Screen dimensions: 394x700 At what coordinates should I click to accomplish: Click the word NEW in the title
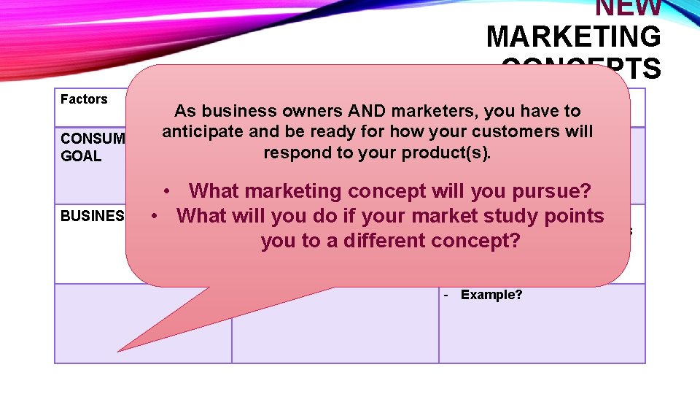[x=628, y=7]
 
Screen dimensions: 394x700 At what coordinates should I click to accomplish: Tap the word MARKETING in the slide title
[x=573, y=36]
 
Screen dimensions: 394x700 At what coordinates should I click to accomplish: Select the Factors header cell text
[x=84, y=99]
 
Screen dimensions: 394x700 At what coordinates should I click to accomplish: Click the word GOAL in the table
[x=81, y=156]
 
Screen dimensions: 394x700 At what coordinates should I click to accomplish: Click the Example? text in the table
[x=491, y=295]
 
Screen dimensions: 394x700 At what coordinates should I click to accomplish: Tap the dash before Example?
[x=446, y=295]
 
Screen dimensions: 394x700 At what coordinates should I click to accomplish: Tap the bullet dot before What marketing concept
[x=168, y=191]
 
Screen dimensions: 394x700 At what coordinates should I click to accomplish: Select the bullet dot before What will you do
[x=155, y=216]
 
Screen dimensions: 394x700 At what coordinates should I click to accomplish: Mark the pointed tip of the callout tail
[x=119, y=351]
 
